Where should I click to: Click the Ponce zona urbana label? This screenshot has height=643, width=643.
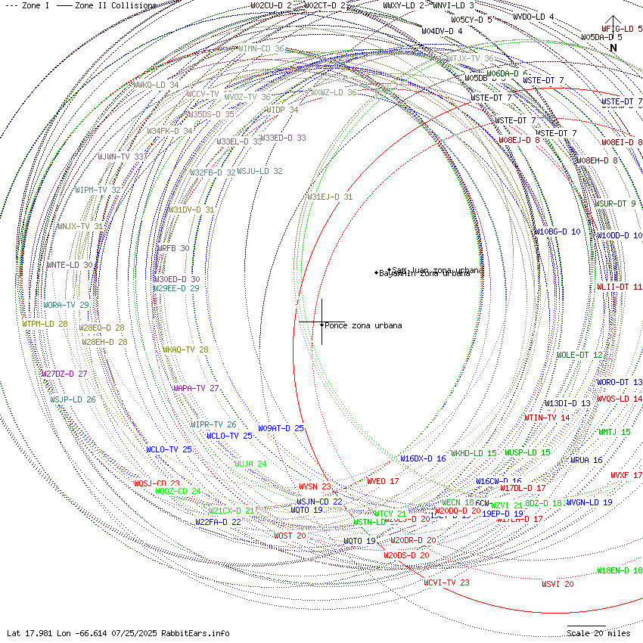point(363,326)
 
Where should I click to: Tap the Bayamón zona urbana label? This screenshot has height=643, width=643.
point(424,273)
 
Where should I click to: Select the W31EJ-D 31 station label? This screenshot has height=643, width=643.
point(330,197)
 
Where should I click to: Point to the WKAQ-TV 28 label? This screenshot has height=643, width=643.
point(185,350)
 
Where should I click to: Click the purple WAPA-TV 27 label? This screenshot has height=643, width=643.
point(196,389)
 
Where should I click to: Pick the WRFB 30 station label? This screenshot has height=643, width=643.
point(173,248)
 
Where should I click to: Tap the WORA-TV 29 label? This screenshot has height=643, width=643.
point(66,306)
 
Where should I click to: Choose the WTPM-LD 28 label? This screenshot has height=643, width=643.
point(45,324)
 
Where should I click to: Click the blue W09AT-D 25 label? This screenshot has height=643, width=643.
point(281,429)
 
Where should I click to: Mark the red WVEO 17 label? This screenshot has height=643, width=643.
point(383,481)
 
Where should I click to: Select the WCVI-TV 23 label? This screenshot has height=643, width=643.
point(446,582)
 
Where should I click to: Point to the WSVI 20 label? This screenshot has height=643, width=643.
point(558,584)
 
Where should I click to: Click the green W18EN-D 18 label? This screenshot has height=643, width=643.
point(620,570)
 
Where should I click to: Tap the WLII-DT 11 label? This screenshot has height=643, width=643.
point(620,287)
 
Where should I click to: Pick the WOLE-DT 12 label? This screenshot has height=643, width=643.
point(579,356)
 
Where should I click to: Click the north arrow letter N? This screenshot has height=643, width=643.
point(613,48)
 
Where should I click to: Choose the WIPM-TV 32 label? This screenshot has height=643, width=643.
point(98,190)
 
